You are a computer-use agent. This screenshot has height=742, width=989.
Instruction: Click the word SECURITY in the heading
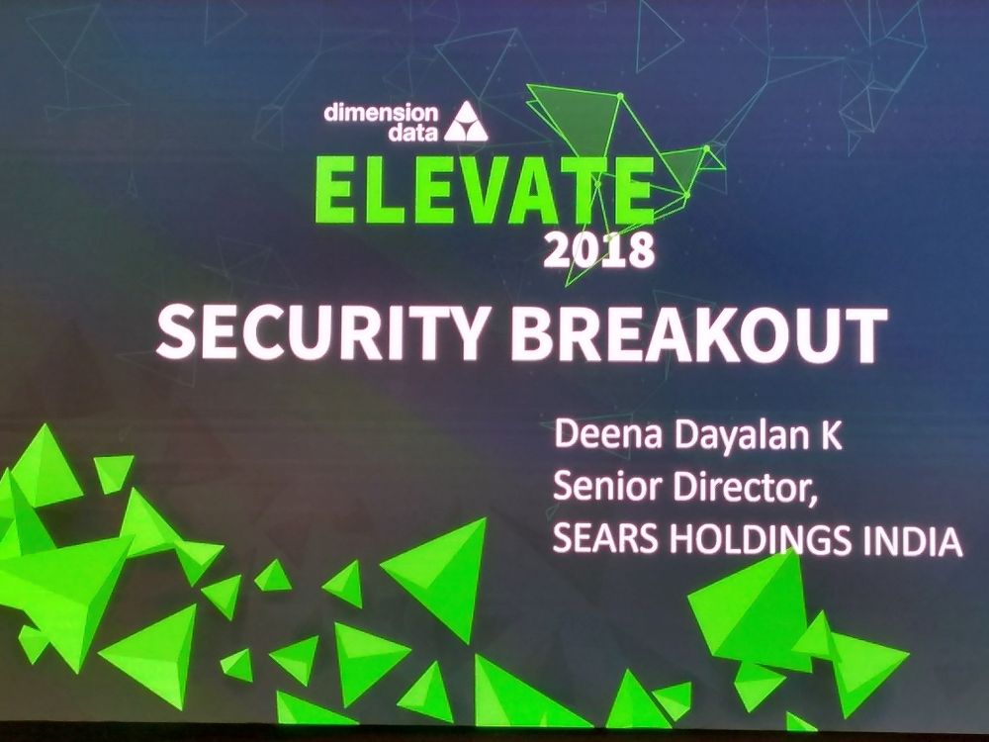click(321, 333)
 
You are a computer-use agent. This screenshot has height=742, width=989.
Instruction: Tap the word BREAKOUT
click(699, 334)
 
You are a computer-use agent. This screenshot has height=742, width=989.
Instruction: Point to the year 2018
click(598, 250)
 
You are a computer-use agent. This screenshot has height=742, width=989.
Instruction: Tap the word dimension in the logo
click(381, 113)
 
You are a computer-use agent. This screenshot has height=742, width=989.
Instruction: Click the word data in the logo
click(413, 133)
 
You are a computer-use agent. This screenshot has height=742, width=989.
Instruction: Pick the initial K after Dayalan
click(831, 435)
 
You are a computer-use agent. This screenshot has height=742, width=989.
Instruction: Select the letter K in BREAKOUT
click(716, 334)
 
